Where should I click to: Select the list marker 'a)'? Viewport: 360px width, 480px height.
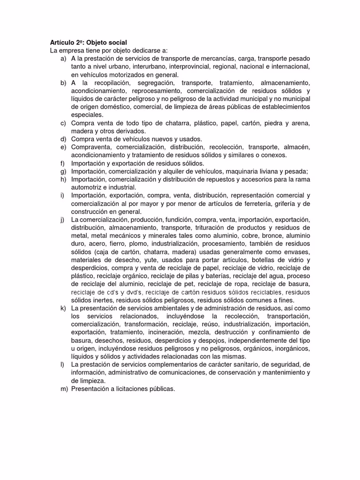63,59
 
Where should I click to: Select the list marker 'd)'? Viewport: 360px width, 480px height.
63,139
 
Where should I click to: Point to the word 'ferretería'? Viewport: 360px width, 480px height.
261,203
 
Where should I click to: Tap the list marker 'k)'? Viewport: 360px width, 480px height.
63,308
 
